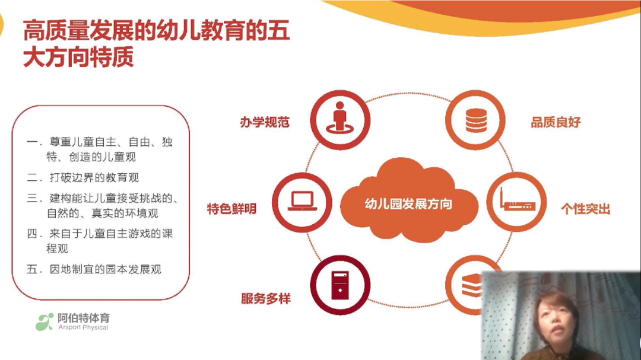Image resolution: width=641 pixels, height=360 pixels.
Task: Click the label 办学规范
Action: [265, 122]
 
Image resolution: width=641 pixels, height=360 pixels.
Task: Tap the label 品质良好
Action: [556, 122]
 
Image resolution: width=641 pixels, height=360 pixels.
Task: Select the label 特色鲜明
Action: [232, 209]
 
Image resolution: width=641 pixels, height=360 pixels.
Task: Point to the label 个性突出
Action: [585, 209]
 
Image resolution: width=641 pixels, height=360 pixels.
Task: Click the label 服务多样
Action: [266, 299]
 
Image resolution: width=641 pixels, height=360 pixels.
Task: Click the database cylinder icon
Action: [476, 120]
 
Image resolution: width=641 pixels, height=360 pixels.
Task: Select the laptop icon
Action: [302, 202]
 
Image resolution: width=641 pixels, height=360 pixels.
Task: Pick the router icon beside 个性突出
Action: [517, 200]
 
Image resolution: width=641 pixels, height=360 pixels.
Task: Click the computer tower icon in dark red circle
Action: [340, 285]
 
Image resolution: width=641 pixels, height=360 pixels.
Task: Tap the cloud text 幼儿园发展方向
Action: [408, 203]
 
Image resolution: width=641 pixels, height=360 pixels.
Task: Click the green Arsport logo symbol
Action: [45, 322]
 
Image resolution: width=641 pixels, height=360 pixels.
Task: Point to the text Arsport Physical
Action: [84, 327]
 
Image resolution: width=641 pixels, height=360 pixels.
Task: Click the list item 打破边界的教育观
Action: [94, 177]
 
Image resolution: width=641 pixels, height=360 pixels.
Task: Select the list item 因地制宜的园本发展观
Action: [106, 269]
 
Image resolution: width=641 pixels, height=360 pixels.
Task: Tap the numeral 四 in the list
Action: [32, 234]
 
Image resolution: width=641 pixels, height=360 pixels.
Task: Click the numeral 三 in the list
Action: [32, 198]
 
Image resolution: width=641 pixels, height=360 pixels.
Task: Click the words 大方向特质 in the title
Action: [78, 57]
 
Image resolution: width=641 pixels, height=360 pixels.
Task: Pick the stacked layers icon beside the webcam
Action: [472, 285]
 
